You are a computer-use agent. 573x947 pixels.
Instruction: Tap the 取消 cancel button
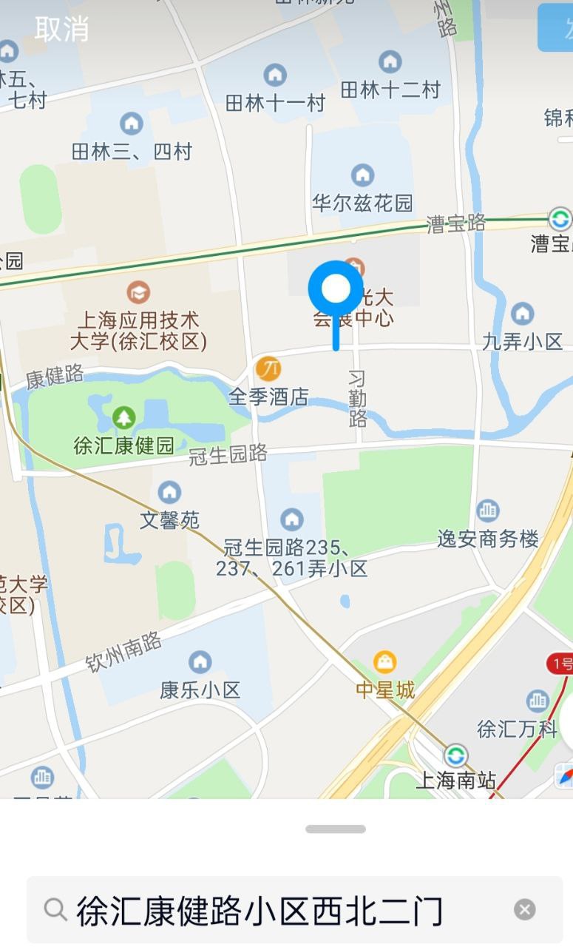pyautogui.click(x=61, y=30)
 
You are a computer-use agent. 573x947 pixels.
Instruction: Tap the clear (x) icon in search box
pyautogui.click(x=524, y=909)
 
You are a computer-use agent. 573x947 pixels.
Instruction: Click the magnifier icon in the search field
pyautogui.click(x=55, y=909)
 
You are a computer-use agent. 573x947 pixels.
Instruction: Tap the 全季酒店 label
pyautogui.click(x=268, y=397)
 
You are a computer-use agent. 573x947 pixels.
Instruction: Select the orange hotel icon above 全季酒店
pyautogui.click(x=268, y=368)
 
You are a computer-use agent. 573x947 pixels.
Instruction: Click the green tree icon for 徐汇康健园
pyautogui.click(x=124, y=418)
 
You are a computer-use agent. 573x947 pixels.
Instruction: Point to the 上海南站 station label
pyautogui.click(x=455, y=780)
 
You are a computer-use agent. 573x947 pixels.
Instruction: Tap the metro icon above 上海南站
pyautogui.click(x=455, y=755)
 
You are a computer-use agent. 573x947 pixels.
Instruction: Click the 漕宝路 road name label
pyautogui.click(x=456, y=223)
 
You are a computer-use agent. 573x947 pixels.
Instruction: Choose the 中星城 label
pyautogui.click(x=385, y=690)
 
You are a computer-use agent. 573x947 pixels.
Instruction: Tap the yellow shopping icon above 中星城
pyautogui.click(x=385, y=661)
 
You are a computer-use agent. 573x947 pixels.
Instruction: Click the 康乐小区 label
pyautogui.click(x=200, y=690)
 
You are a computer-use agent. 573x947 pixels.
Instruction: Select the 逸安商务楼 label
pyautogui.click(x=488, y=539)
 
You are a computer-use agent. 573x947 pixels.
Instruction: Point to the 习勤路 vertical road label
pyautogui.click(x=358, y=400)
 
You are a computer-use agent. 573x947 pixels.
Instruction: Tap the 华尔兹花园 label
pyautogui.click(x=362, y=203)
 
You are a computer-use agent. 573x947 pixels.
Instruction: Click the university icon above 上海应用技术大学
pyautogui.click(x=138, y=292)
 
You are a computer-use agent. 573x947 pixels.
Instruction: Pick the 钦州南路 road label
pyautogui.click(x=123, y=650)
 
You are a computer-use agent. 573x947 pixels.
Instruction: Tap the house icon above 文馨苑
pyautogui.click(x=169, y=492)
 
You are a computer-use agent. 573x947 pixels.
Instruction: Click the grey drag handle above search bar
pyautogui.click(x=336, y=829)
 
